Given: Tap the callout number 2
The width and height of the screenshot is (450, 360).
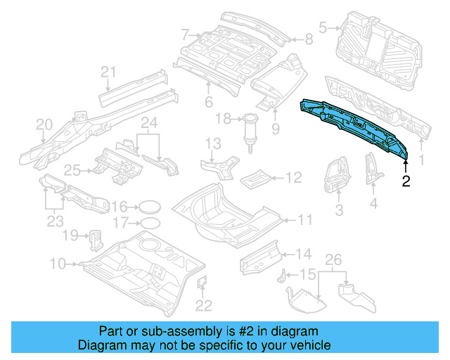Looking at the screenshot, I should point(406,181).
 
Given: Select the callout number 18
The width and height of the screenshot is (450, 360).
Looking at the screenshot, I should point(223,119).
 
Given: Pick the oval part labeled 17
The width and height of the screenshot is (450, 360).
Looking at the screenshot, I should point(149,224).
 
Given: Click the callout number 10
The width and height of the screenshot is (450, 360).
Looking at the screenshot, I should point(58,264).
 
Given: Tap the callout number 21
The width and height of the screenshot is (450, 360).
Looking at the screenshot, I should point(107,71).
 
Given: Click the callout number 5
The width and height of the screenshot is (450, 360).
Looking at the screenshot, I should point(323,28).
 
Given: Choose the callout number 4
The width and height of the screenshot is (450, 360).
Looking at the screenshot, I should point(373,204).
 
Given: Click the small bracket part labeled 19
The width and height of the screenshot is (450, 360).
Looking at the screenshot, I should point(94,238).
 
